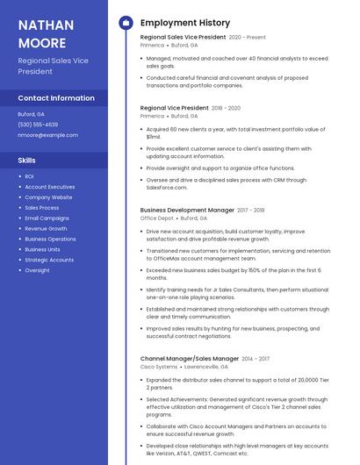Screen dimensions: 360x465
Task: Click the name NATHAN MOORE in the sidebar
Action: pos(42,33)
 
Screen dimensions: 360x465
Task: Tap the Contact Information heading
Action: pos(56,98)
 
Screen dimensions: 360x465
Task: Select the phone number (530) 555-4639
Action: pos(38,125)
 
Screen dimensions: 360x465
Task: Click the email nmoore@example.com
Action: pos(47,135)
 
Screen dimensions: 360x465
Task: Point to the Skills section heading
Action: pos(27,161)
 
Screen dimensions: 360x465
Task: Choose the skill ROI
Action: pos(29,176)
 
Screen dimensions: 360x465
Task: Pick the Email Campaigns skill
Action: pos(47,218)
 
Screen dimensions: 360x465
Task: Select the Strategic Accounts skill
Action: pos(49,260)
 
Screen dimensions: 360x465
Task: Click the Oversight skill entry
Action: pos(37,270)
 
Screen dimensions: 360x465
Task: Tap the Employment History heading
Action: pos(185,23)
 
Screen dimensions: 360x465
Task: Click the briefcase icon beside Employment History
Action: pos(125,23)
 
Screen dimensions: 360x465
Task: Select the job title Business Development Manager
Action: pos(187,211)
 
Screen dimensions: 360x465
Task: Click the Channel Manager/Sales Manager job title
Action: pos(189,359)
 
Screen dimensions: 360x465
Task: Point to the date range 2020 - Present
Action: pos(247,38)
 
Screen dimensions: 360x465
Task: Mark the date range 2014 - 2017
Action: pos(256,359)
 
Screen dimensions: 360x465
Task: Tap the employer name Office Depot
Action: pos(156,218)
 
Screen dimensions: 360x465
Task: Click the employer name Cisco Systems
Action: pos(159,367)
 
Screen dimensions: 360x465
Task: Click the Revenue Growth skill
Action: pos(46,228)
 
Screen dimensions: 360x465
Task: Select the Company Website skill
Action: pos(48,197)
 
